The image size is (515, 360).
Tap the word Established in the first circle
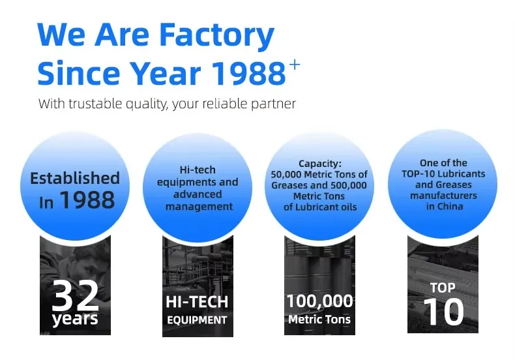pos(75,178)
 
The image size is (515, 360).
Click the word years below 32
pos(75,319)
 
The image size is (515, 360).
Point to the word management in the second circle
pos(199,207)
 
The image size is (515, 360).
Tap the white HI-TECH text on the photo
pos(197,302)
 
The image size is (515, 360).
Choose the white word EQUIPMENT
pos(197,320)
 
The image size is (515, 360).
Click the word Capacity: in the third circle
pos(319,164)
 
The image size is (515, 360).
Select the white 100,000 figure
pos(319,301)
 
